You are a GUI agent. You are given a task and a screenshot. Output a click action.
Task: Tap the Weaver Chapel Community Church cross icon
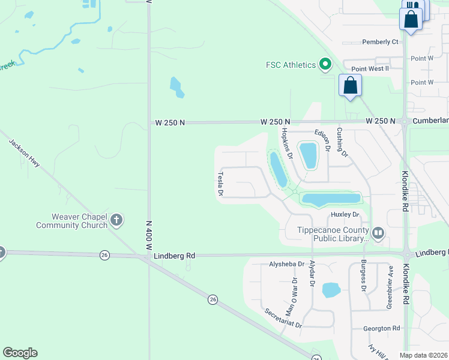click(116, 221)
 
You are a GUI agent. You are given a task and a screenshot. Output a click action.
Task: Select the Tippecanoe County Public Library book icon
click(378, 232)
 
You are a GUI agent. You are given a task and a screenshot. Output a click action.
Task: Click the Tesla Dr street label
click(220, 184)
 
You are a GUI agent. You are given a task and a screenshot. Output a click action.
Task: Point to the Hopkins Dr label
click(287, 144)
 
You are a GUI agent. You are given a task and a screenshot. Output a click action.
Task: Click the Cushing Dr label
click(342, 142)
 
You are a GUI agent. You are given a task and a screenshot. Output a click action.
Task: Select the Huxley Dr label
click(345, 214)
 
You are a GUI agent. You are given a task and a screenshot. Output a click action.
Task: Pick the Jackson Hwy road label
click(25, 154)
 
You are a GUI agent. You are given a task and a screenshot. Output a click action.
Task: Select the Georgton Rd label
click(381, 328)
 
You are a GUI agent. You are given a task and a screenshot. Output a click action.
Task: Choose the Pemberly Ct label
click(380, 42)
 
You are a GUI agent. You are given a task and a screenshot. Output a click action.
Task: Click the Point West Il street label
click(370, 69)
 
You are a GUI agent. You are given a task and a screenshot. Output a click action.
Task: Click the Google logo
click(20, 353)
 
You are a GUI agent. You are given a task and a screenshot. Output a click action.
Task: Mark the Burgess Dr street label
click(363, 276)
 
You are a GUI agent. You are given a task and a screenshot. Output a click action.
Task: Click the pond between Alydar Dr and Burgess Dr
click(331, 290)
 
